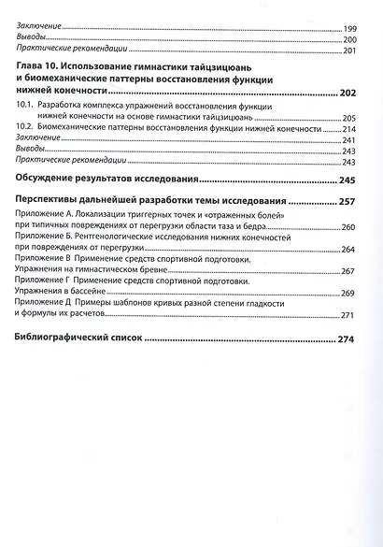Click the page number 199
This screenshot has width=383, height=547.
[x=349, y=29]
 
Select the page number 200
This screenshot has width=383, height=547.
[x=349, y=40]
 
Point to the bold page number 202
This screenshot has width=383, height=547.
[x=348, y=94]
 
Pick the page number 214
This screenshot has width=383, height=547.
[x=349, y=129]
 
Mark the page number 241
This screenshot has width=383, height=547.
[x=349, y=140]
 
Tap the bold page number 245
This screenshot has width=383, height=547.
[x=348, y=180]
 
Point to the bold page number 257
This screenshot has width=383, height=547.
[x=348, y=201]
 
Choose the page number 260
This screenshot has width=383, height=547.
[x=349, y=227]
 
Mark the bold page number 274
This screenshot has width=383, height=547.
[x=348, y=338]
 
